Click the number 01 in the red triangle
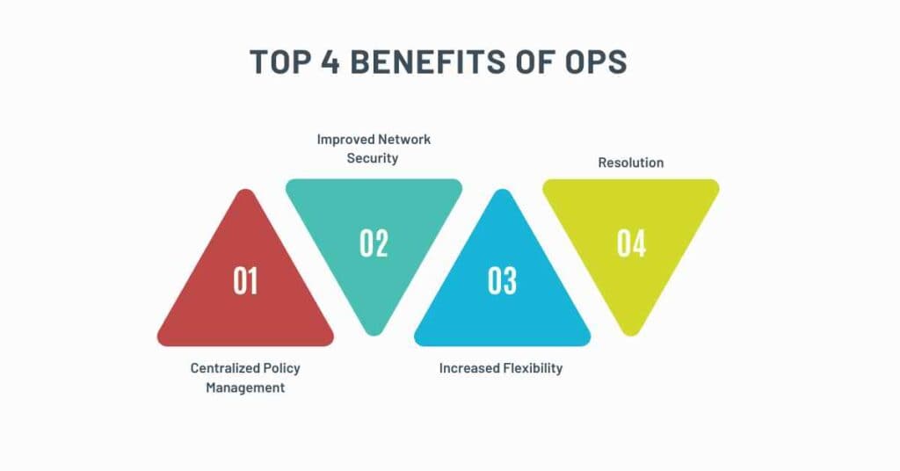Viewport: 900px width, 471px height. point(245,280)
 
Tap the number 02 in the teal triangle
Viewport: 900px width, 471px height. point(374,243)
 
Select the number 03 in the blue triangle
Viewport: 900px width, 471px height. point(502,280)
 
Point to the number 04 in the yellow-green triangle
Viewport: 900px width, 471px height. point(631,243)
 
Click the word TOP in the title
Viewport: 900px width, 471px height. point(280,62)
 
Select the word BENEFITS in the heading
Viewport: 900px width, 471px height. point(427,62)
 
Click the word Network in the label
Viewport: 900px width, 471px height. point(404,140)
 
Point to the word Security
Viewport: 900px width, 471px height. point(373,158)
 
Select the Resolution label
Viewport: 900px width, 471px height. point(630,163)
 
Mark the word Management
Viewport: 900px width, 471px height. point(245,388)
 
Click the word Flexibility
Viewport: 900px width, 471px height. point(533,368)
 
